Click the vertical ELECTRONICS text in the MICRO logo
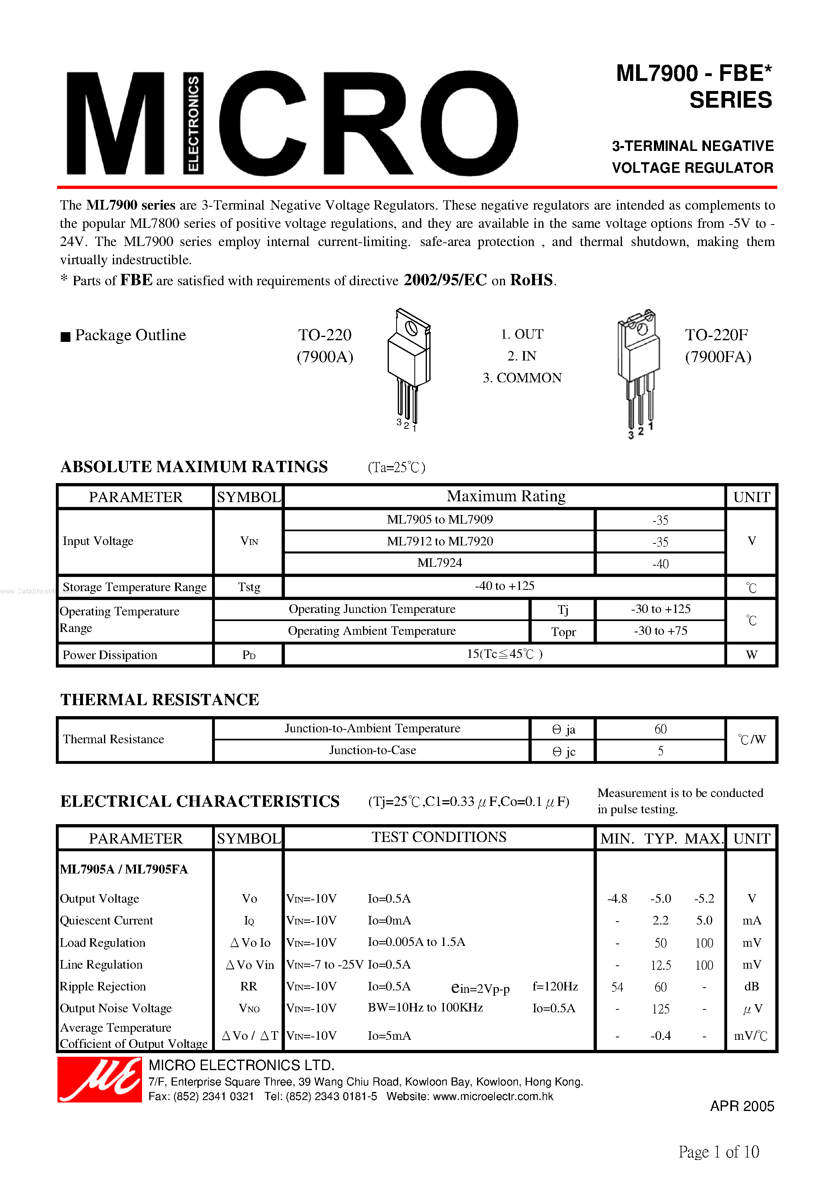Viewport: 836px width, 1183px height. click(x=193, y=124)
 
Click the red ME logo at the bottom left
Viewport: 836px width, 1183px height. click(x=100, y=1079)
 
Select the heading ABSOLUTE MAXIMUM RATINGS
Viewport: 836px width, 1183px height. click(x=194, y=467)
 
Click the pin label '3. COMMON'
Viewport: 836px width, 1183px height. click(x=522, y=377)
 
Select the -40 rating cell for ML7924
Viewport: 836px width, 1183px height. click(x=660, y=564)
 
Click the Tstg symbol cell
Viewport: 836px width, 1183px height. click(x=249, y=587)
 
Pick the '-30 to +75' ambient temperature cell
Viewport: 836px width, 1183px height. click(x=660, y=631)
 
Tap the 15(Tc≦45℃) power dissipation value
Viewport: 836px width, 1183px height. click(x=504, y=654)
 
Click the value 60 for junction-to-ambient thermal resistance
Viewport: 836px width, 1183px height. click(x=660, y=729)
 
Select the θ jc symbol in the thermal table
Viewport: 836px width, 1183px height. click(x=563, y=752)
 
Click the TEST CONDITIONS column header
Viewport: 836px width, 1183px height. click(x=439, y=837)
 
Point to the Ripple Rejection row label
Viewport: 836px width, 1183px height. click(x=103, y=986)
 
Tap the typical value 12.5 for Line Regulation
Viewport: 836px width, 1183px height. click(x=660, y=965)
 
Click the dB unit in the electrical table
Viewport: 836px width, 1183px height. click(x=751, y=986)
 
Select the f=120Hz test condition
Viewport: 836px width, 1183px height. click(x=555, y=986)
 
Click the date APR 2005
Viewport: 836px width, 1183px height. click(x=742, y=1106)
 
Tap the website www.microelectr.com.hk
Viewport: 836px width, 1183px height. click(x=493, y=1096)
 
